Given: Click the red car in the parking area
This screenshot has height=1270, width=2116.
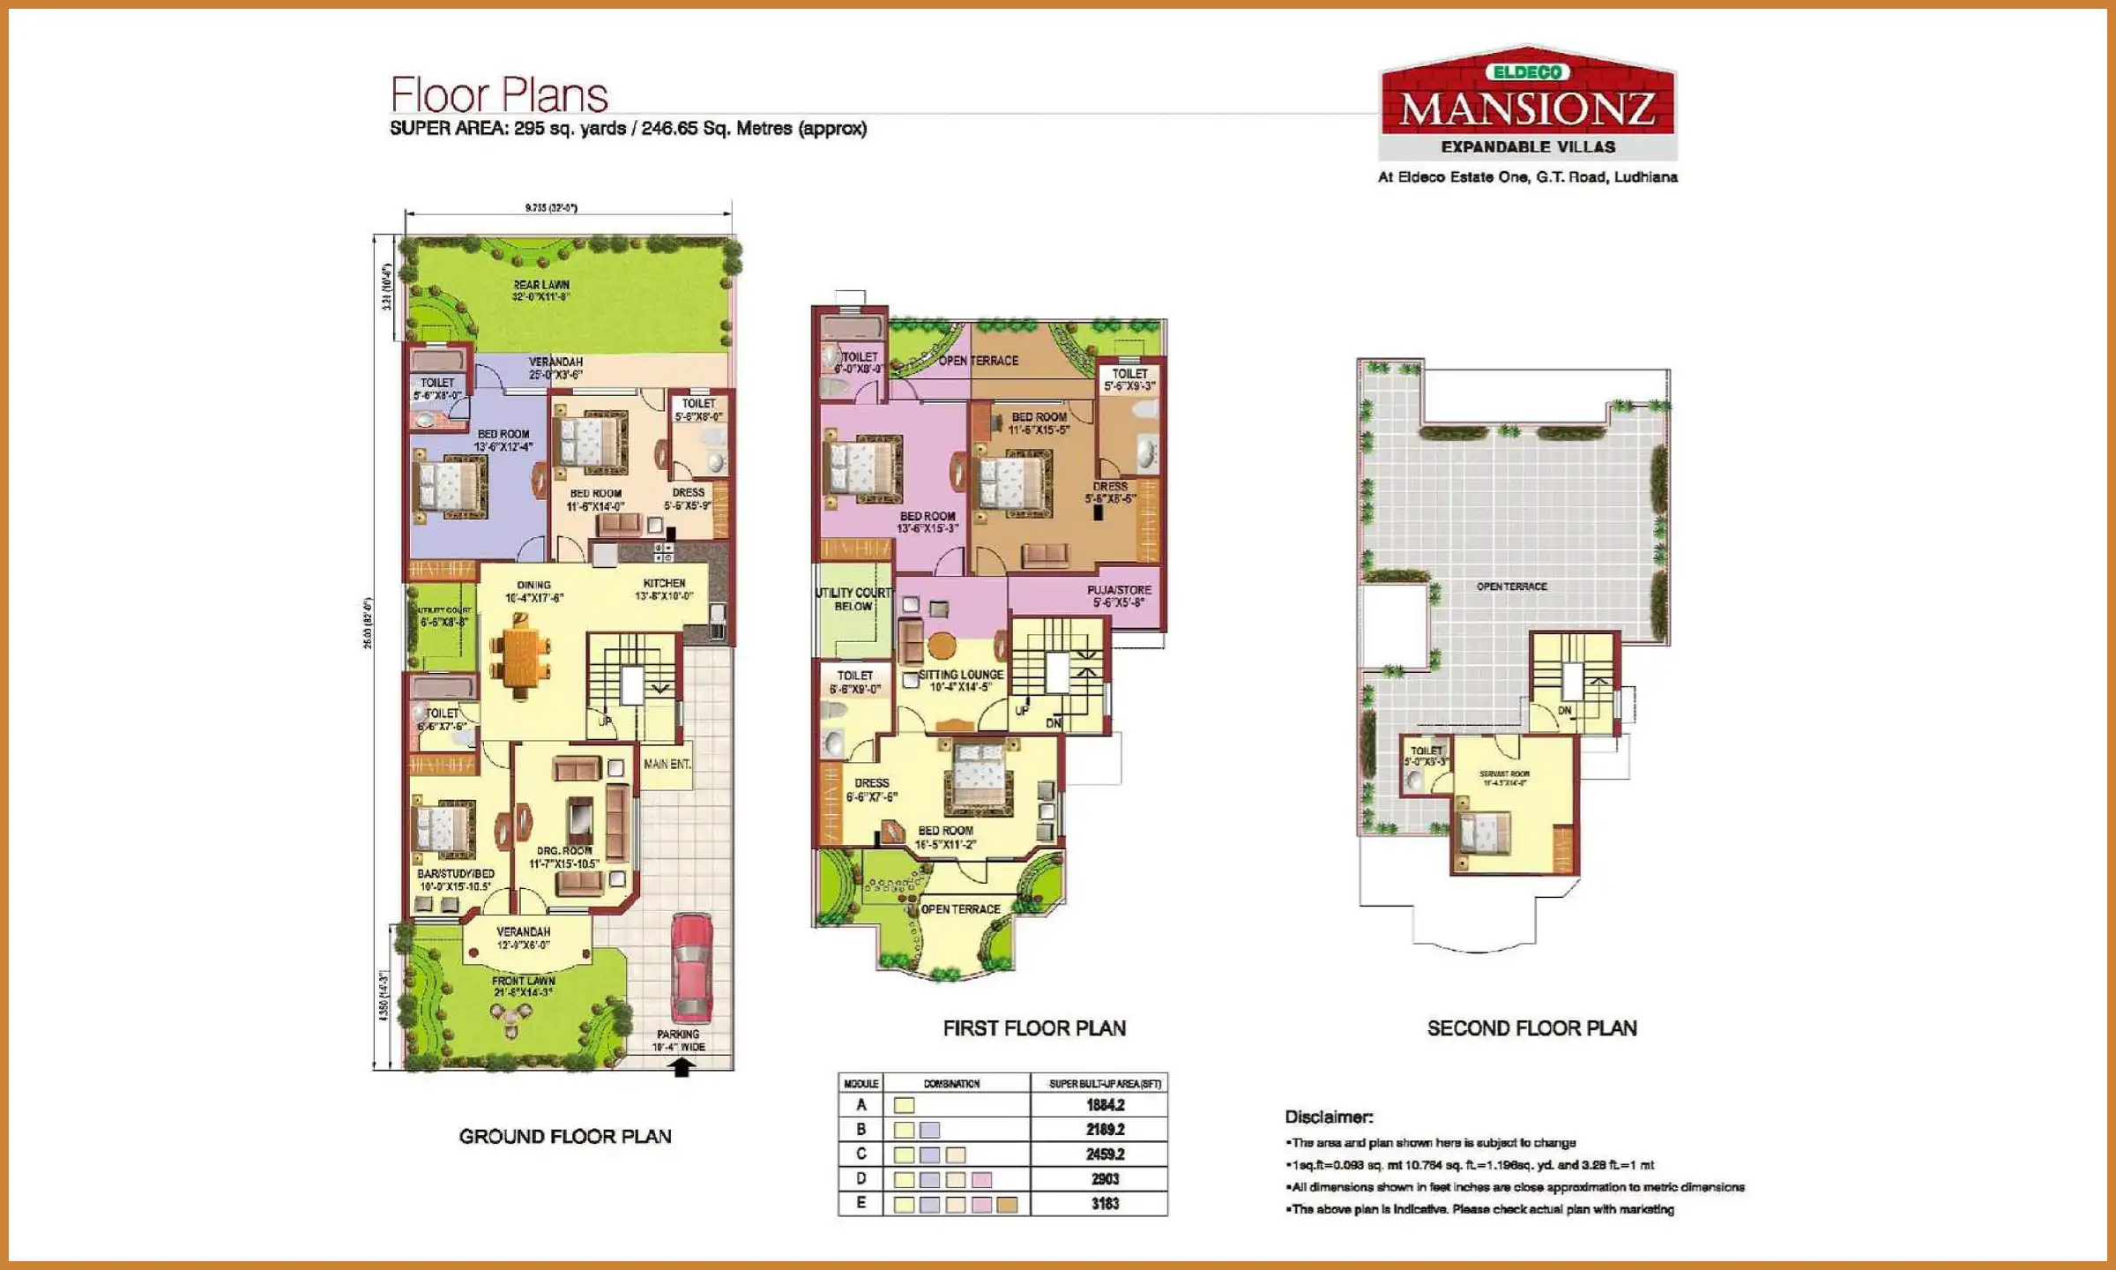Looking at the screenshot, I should pos(690,967).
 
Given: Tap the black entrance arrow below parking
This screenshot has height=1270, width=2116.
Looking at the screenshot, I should pos(681,1067).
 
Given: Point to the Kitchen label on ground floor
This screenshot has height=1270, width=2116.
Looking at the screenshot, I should pos(664,584).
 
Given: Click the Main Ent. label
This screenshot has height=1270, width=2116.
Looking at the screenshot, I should pos(667,764).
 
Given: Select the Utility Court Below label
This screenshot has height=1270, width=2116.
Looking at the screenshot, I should pos(853,600).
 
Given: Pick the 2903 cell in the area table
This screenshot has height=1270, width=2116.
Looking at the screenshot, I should pos(1104,1179).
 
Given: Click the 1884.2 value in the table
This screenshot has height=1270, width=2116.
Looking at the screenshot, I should pos(1105,1105).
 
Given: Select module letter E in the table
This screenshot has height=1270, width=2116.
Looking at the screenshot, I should pos(861,1203).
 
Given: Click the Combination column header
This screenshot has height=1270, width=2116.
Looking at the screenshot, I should pos(951,1084).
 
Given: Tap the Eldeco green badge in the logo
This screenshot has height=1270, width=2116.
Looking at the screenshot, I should pos(1527,72).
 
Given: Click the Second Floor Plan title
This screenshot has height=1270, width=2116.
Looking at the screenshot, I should pos(1531,1028).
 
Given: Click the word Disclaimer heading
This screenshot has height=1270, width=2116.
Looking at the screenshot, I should pos(1328,1117).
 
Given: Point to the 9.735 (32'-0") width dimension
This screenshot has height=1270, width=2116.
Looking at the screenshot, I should pos(551,208).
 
